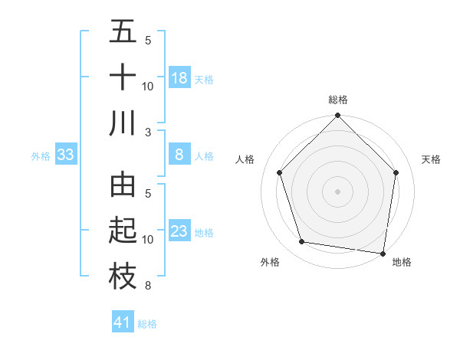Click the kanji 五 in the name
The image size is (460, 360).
point(123,32)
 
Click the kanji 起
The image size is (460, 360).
point(123,231)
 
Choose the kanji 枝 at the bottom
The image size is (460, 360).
point(123,277)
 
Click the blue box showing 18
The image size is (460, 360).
point(179,78)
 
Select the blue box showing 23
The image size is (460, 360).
point(179,231)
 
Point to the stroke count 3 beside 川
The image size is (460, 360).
point(148,132)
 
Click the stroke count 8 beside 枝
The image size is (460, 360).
point(148,286)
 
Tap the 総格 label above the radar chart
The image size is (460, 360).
point(338,100)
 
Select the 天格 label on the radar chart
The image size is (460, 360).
point(431,159)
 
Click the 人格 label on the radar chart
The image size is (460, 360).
point(245,159)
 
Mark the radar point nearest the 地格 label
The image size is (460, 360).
point(383,253)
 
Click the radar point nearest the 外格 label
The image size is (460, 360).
point(302,242)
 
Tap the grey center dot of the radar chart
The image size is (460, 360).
point(338,191)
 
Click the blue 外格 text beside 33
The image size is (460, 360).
point(41,156)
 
